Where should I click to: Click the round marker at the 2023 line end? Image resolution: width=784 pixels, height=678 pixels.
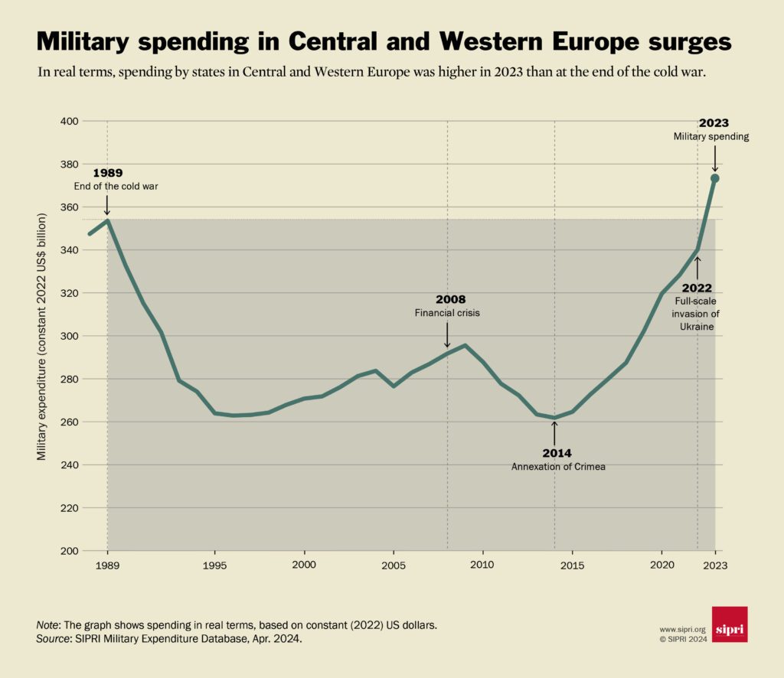pos(714,178)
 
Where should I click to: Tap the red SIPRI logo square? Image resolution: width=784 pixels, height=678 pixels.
pos(729,624)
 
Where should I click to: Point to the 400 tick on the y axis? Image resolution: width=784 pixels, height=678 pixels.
pos(70,121)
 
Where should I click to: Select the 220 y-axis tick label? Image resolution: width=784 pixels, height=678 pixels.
pos(70,508)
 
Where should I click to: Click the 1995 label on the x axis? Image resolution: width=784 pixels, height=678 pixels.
pos(214,566)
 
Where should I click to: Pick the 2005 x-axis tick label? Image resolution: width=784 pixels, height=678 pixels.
pos(394,566)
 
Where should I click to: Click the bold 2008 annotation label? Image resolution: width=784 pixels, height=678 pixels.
pos(450,299)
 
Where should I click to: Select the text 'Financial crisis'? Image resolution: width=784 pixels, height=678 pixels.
pos(447,313)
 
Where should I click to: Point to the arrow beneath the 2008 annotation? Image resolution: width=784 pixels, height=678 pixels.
pos(447,334)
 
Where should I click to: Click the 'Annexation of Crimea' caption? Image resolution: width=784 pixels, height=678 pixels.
pos(558,466)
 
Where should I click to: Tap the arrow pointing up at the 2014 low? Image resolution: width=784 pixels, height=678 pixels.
pos(554,431)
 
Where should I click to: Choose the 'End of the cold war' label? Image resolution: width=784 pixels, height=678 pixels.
pos(116,186)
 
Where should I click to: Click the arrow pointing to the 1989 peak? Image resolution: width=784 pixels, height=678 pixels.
pos(107,204)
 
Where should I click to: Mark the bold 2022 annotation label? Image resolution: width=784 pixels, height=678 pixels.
pos(697,288)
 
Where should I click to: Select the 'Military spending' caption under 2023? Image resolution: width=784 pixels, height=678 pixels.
pos(711,136)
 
